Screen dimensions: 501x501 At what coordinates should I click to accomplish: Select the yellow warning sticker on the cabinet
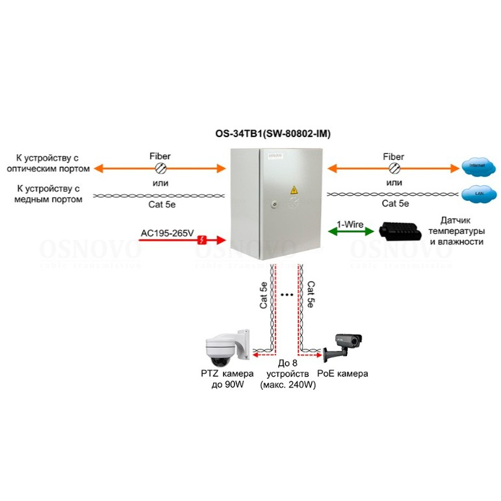pos(293,190)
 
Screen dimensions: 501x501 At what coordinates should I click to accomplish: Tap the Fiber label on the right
pos(393,157)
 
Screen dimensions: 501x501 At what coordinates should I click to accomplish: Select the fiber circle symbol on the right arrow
pos(394,168)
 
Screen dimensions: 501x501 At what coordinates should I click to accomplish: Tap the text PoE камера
pos(342,374)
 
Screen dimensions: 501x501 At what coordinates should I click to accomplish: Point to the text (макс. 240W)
pos(287,385)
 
